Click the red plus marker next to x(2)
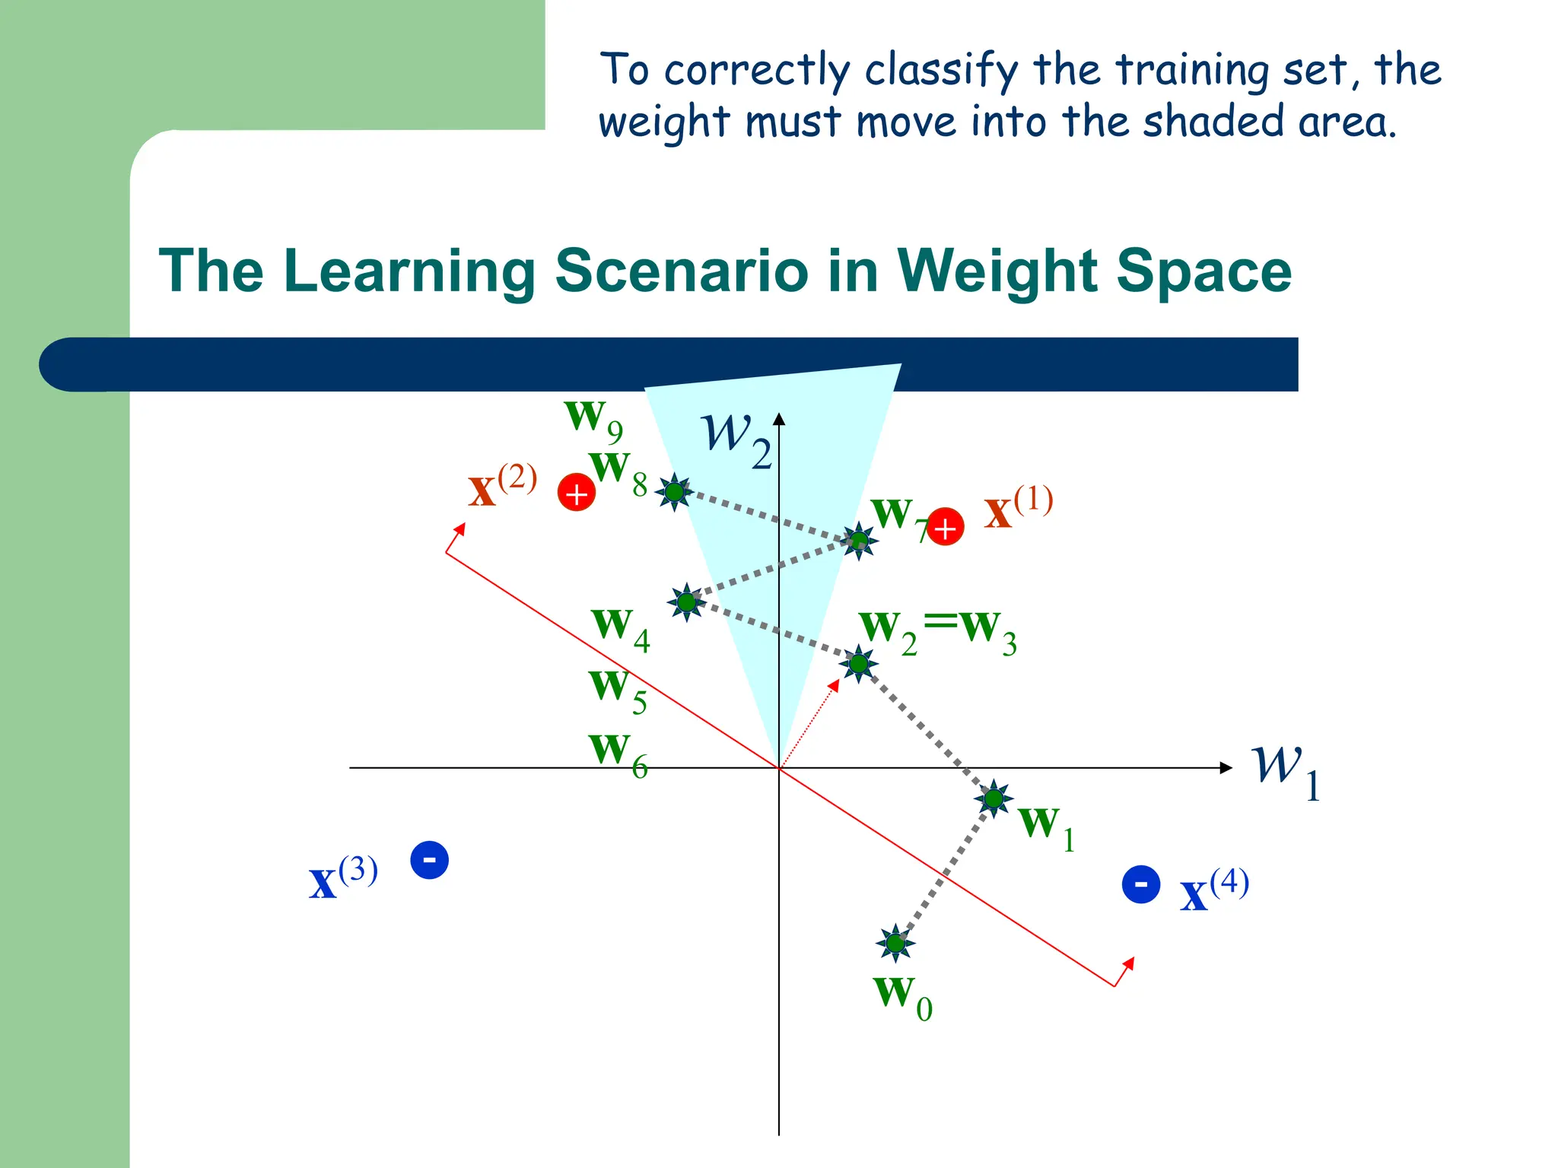tap(577, 493)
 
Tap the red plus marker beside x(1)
tap(946, 527)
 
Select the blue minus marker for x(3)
tap(429, 860)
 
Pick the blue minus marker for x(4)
tap(1141, 884)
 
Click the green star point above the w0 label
tap(895, 944)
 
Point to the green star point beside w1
tap(994, 798)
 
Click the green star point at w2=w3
tap(859, 664)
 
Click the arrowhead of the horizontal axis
tap(1226, 768)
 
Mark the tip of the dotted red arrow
tap(837, 682)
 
